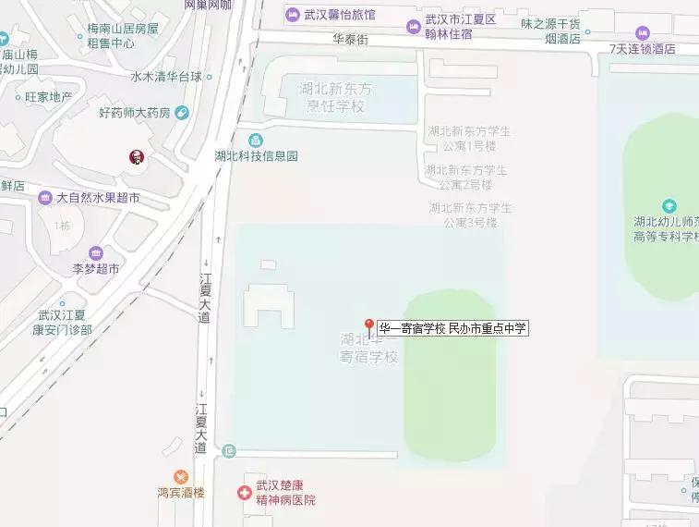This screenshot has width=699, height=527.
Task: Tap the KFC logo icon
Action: pos(137,157)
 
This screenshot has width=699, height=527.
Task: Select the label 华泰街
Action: pos(351,40)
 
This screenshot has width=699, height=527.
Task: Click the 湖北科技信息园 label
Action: pos(256,156)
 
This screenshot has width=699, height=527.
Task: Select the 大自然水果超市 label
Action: pos(98,198)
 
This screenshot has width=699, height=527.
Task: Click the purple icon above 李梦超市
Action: pos(96,253)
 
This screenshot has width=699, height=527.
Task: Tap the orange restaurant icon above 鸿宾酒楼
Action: pos(180,476)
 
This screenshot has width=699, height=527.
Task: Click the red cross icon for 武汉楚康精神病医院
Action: pos(244,493)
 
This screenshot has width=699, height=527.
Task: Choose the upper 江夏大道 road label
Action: pos(205,297)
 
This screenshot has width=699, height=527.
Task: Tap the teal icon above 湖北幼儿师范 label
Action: pos(669,206)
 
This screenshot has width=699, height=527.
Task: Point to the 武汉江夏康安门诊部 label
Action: pos(62,322)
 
